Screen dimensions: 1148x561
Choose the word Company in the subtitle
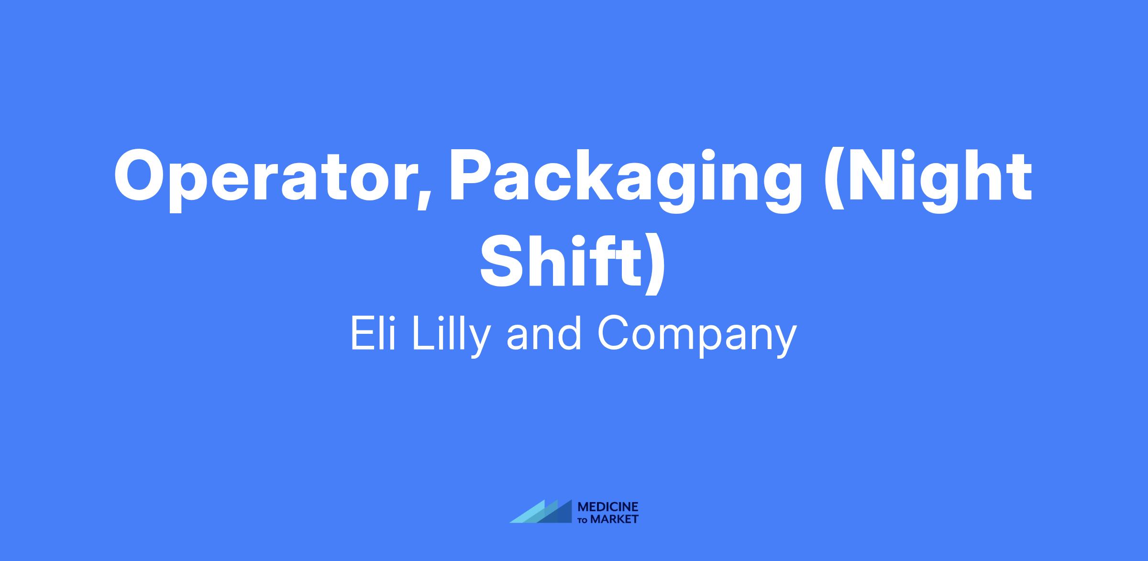point(697,338)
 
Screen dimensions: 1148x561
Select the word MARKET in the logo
point(615,519)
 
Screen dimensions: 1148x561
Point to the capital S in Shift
point(500,262)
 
